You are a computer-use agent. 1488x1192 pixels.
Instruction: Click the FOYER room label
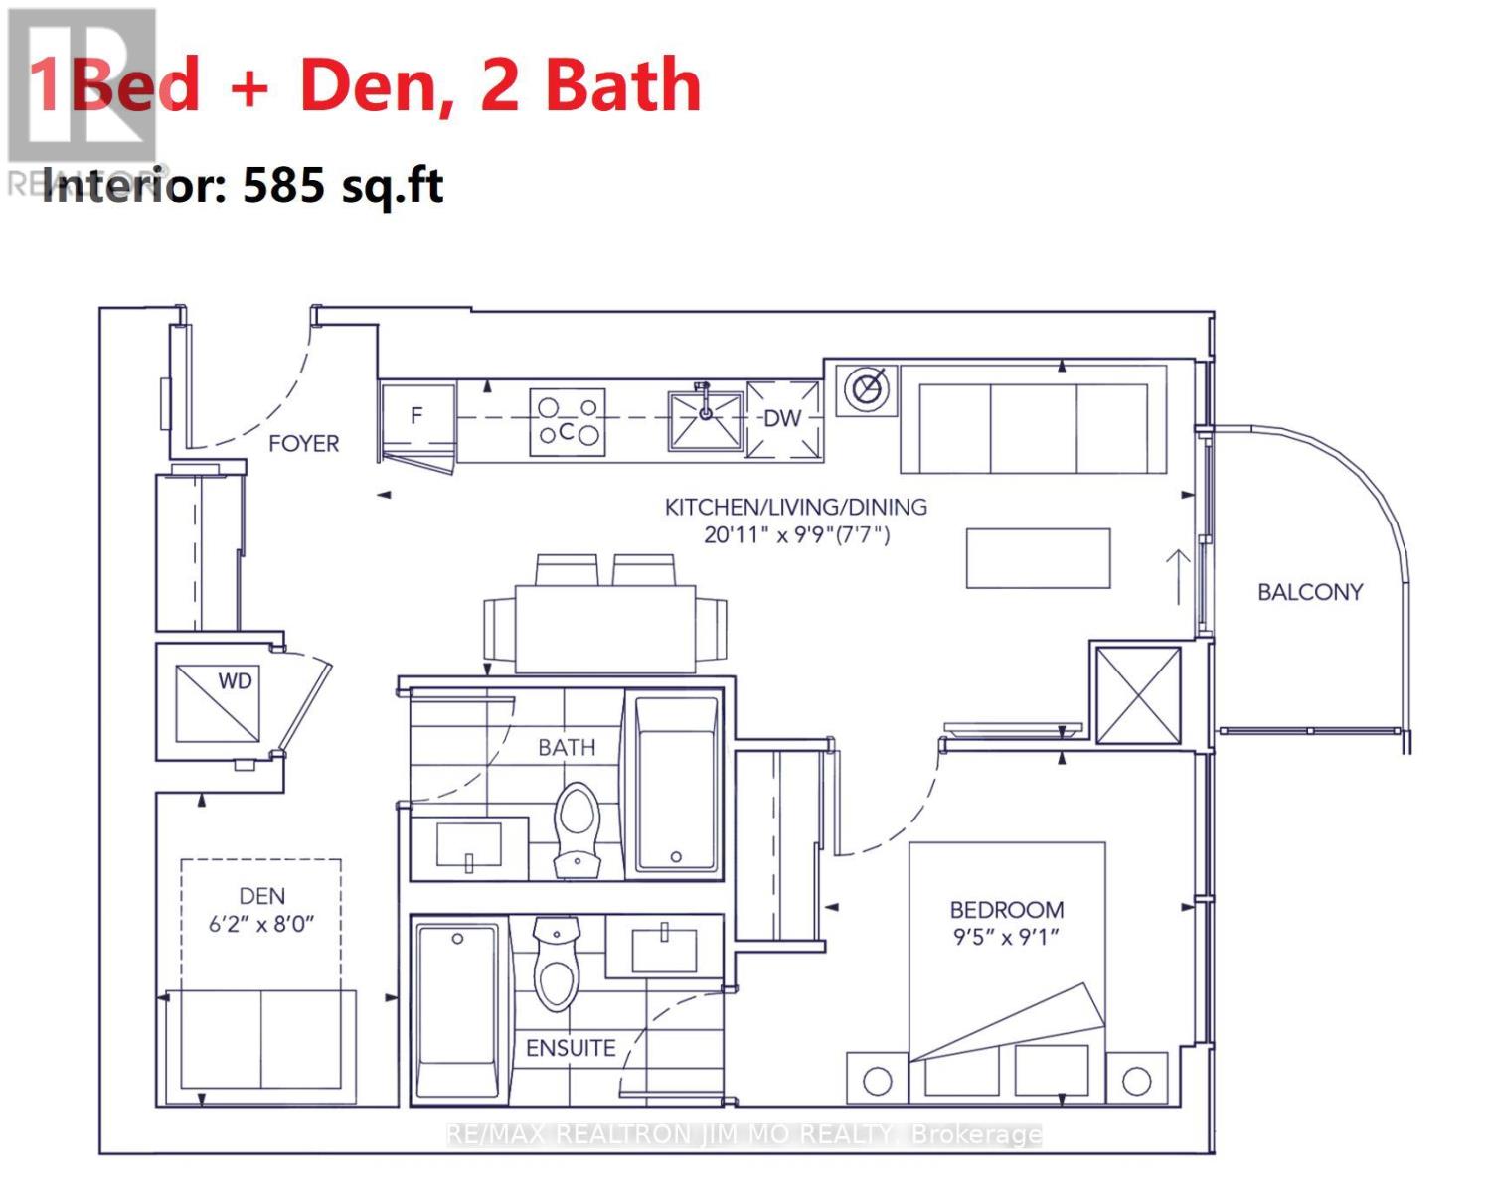pos(303,444)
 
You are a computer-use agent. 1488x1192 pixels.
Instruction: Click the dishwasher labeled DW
pos(783,419)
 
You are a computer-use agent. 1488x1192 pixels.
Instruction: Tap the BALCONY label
pos(1309,592)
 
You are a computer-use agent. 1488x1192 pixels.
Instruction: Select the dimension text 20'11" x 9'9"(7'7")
pos(796,535)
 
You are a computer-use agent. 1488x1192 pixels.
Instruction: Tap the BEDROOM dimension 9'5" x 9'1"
pos(1006,937)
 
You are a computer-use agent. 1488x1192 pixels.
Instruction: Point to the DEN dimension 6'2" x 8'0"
pos(261,923)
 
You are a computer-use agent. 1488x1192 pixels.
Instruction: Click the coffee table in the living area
pos(1038,558)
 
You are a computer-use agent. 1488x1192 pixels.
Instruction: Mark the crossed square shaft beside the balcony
pos(1138,694)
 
